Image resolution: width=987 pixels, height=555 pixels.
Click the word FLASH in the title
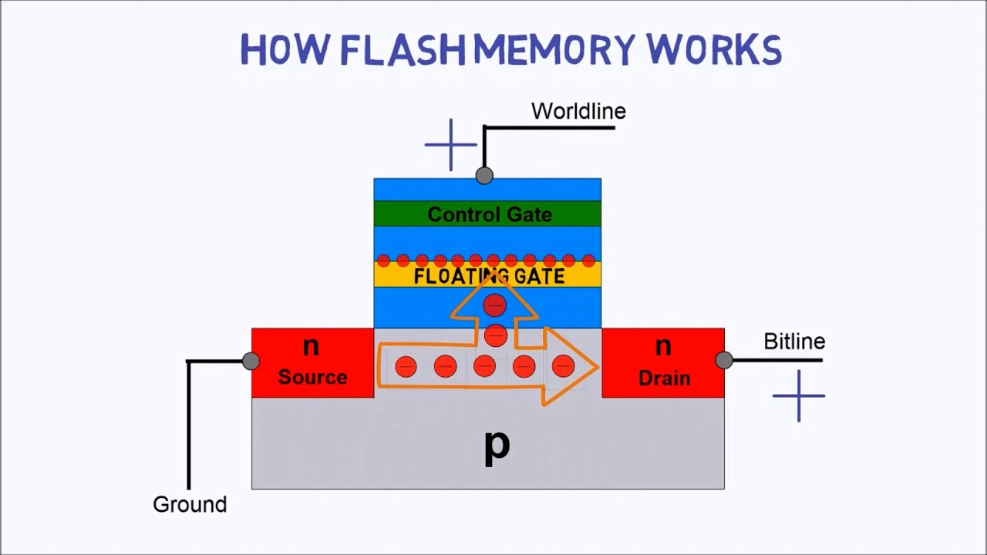tap(403, 50)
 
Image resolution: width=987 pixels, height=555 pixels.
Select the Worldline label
tap(578, 111)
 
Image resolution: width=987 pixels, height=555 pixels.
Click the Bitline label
tap(794, 341)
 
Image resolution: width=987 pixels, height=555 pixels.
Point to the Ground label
tap(190, 505)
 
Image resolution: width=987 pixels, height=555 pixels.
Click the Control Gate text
tap(490, 214)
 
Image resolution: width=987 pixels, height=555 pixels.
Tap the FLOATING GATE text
tap(489, 277)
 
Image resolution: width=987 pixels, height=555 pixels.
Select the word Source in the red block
tap(312, 377)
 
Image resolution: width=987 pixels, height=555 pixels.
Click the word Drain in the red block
tap(663, 378)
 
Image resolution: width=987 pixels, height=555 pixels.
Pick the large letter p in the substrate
tap(497, 446)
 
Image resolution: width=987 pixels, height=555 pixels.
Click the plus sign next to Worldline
tap(451, 144)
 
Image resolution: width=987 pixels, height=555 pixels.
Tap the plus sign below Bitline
tap(799, 396)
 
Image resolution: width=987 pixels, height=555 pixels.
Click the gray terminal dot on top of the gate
tap(484, 176)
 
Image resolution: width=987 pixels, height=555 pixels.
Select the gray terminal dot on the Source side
tap(251, 361)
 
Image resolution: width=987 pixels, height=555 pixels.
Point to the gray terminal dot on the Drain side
tap(723, 360)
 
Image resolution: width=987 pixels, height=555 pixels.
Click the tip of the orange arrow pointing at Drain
tap(598, 367)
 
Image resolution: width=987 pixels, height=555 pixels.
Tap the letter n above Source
tap(311, 346)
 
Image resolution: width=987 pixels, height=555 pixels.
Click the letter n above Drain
tap(663, 347)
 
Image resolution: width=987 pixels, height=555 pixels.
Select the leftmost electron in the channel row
tap(406, 367)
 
